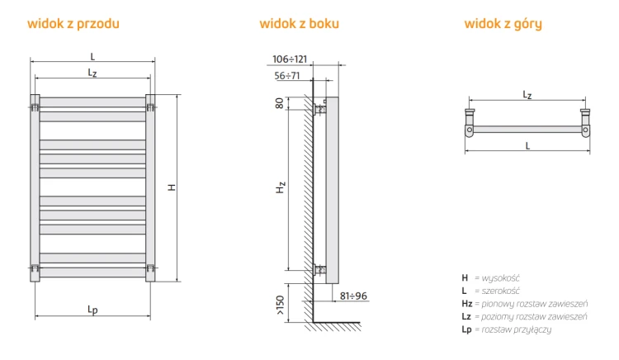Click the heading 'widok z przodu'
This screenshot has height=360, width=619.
tap(73, 24)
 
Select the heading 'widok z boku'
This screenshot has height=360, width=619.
tap(300, 24)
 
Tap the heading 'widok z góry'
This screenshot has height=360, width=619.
tap(503, 24)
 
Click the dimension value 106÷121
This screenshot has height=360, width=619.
tap(290, 59)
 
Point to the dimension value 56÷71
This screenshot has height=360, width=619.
tap(287, 75)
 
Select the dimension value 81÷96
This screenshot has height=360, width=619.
tap(353, 296)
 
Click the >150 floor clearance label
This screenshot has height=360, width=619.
tap(280, 306)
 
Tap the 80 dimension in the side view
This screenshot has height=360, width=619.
tap(280, 103)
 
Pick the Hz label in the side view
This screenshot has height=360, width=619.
tap(281, 187)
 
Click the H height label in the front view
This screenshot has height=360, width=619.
tap(172, 187)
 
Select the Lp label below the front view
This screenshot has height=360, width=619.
tap(92, 310)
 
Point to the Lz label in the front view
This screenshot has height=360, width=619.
tap(92, 73)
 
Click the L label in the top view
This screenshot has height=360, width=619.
tap(527, 145)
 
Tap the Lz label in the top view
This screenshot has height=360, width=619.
tap(527, 95)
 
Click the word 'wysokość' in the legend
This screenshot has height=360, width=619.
tap(501, 278)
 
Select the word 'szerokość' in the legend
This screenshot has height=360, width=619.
tap(501, 291)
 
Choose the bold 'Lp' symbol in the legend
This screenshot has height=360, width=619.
tap(466, 329)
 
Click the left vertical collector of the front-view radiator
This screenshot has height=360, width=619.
tap(35, 188)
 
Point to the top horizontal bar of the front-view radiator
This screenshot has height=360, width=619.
tap(92, 102)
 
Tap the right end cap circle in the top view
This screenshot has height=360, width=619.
tap(585, 130)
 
